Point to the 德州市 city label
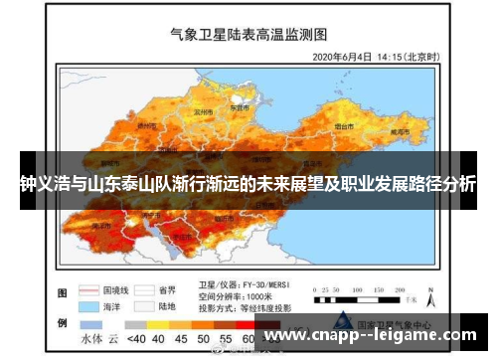pos(146,126)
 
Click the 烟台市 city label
pos(345,128)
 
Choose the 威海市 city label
pos(399,131)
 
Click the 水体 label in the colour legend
pos(91,338)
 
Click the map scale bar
pos(359,294)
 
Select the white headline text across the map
pos(248,185)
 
